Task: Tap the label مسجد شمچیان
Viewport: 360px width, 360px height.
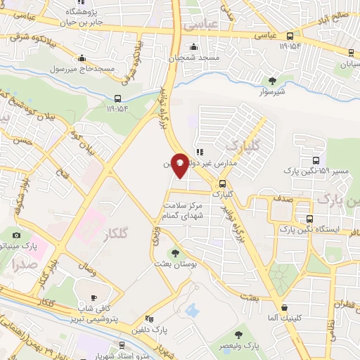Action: click(199, 56)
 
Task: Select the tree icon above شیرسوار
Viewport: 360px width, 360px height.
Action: click(273, 80)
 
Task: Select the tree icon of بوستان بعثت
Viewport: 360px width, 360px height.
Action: click(175, 252)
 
